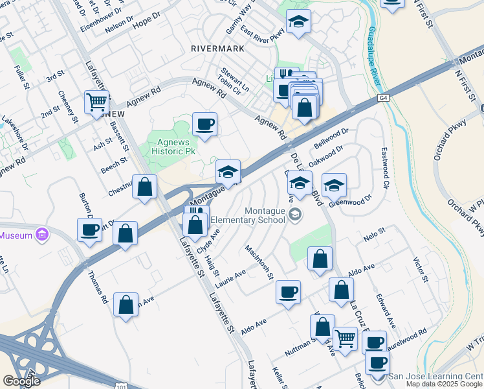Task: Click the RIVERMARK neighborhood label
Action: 217,49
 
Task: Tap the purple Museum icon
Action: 43,234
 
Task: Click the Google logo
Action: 21,381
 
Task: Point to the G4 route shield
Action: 384,98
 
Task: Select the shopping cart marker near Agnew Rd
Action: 96,101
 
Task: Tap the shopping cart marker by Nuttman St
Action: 345,338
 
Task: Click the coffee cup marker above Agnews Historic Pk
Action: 204,124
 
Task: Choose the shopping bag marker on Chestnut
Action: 145,187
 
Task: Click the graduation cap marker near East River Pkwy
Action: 298,22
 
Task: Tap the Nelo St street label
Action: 373,231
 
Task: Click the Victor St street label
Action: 421,270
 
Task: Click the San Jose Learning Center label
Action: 435,376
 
